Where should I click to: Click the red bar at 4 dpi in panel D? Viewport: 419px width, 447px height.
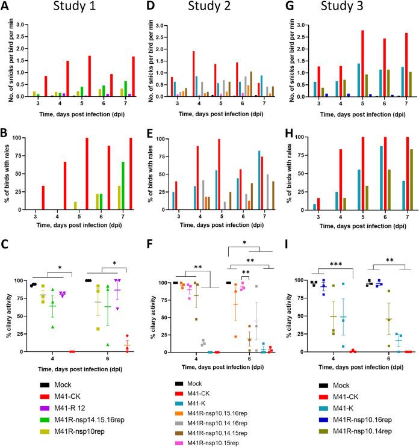coord(193,73)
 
